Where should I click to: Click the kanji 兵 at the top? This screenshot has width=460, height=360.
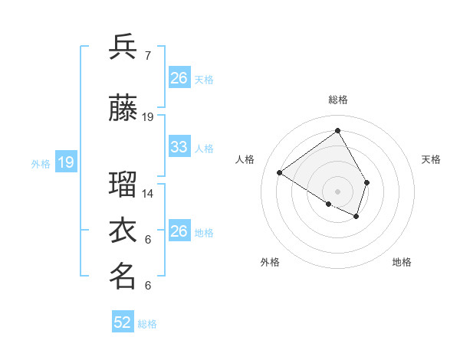pos(123,47)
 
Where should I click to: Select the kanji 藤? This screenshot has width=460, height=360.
pos(123,110)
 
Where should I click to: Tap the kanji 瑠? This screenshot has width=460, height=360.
pos(123,185)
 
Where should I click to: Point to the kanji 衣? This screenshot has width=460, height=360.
pos(123,231)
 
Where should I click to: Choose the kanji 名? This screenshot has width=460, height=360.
pos(123,277)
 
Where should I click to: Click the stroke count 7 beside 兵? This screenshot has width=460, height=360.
pos(148,55)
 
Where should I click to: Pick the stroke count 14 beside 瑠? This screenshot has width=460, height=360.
pos(148,194)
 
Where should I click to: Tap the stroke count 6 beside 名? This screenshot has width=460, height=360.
pos(148,286)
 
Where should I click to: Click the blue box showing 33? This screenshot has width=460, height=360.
pos(179,147)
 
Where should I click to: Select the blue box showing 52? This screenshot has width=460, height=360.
pos(123,322)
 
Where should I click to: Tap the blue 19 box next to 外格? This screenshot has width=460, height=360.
pos(66,162)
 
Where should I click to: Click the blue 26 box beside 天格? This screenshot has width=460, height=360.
pos(179,78)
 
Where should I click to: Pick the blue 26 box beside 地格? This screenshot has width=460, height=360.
pos(179,231)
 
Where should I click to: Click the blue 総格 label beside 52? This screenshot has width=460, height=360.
pos(147,324)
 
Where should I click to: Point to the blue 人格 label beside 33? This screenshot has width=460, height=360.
pos(204,148)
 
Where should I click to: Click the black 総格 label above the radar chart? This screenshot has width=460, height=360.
pos(337,100)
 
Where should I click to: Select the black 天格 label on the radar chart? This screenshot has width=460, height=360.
pos(431,159)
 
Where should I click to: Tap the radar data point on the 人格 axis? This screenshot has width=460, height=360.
pos(280,173)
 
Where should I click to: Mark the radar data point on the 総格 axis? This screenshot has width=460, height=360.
pos(337,131)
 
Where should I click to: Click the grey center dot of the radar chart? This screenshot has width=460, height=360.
pos(337,191)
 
